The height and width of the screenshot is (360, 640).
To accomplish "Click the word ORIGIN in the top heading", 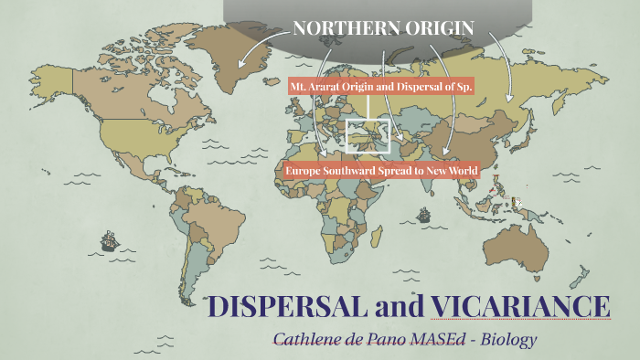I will pyautogui.click(x=443, y=28).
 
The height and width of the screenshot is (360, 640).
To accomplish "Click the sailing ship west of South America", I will pyautogui.click(x=109, y=242).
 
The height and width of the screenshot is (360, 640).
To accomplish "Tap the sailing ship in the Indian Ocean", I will pyautogui.click(x=423, y=216).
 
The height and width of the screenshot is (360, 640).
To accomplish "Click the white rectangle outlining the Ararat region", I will pyautogui.click(x=367, y=133).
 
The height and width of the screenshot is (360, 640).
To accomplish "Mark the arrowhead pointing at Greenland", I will pyautogui.click(x=241, y=67).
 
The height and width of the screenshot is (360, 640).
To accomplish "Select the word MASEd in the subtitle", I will pyautogui.click(x=437, y=339).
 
